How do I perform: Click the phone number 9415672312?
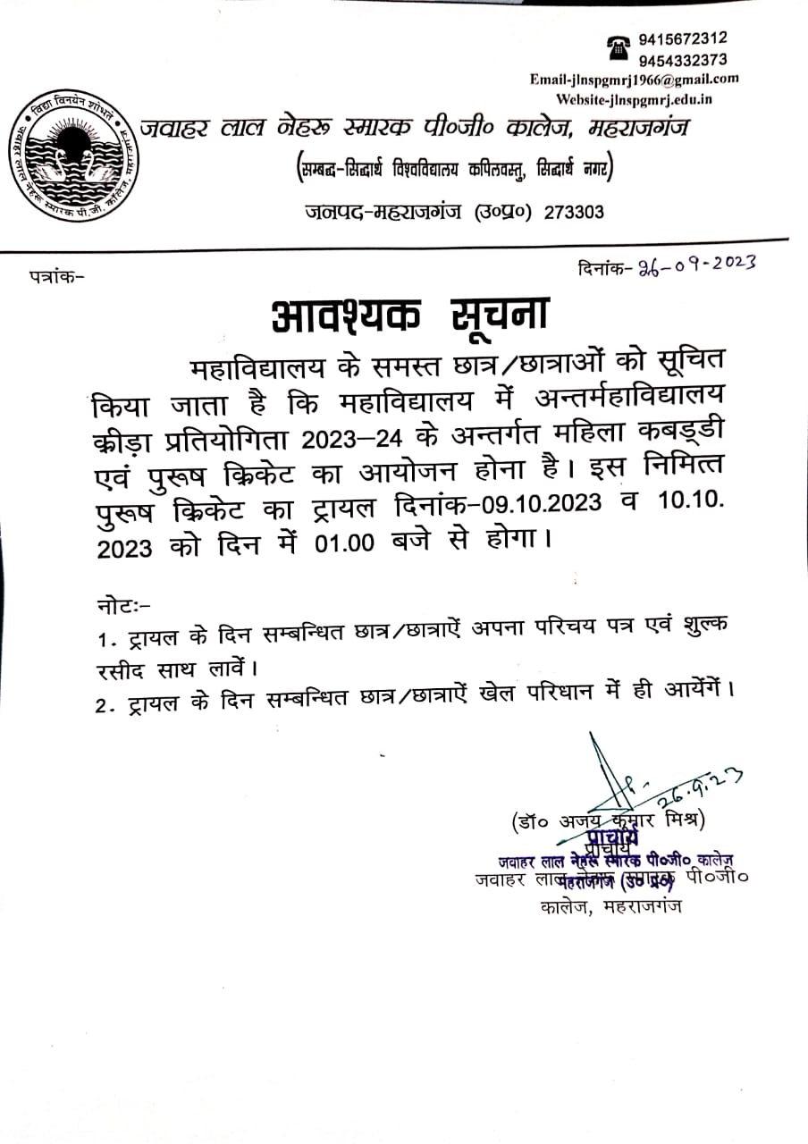tap(682, 38)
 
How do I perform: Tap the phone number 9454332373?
tap(682, 60)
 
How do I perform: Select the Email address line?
tap(634, 79)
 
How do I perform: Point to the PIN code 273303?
tap(574, 212)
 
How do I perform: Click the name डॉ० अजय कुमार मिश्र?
tap(608, 820)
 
